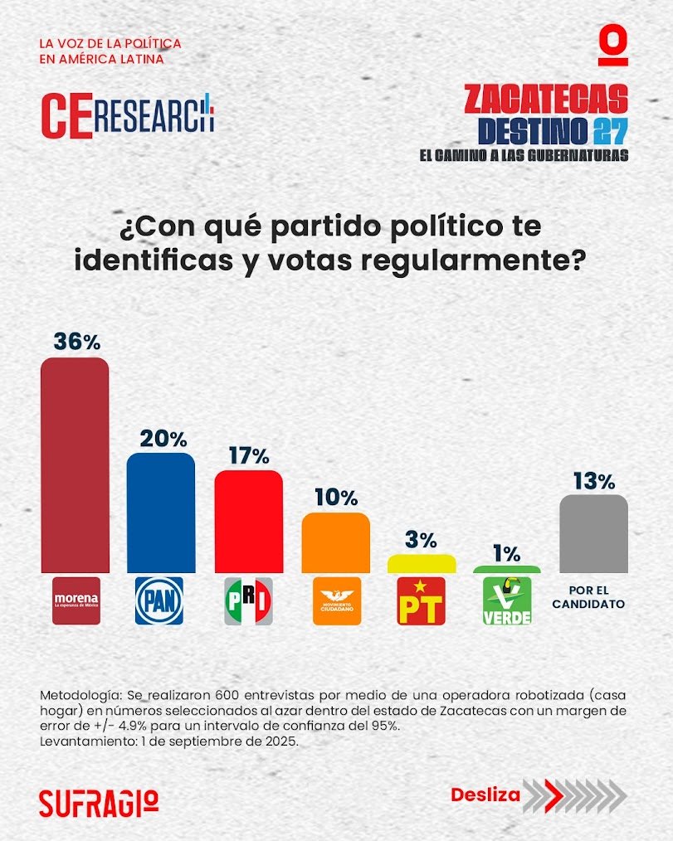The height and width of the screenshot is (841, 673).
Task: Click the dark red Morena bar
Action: click(x=76, y=464)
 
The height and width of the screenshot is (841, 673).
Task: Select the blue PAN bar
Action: click(x=161, y=513)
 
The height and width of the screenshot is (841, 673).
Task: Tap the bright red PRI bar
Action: click(x=248, y=521)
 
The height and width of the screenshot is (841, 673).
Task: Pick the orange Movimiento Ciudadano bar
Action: click(x=335, y=542)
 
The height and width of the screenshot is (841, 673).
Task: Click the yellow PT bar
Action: click(x=422, y=564)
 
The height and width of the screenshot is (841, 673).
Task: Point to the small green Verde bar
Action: click(x=506, y=569)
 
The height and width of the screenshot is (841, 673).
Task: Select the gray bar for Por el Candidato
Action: click(x=593, y=533)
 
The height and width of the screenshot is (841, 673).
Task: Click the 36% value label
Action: click(x=76, y=341)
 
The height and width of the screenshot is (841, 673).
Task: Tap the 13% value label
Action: click(x=593, y=480)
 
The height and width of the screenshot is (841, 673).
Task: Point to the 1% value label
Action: click(x=506, y=553)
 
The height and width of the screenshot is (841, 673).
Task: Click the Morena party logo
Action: click(x=76, y=600)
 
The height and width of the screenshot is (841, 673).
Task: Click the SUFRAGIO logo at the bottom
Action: click(x=98, y=801)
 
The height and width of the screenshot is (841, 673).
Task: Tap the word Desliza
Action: click(x=485, y=795)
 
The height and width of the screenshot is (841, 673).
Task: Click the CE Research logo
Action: click(x=127, y=114)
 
